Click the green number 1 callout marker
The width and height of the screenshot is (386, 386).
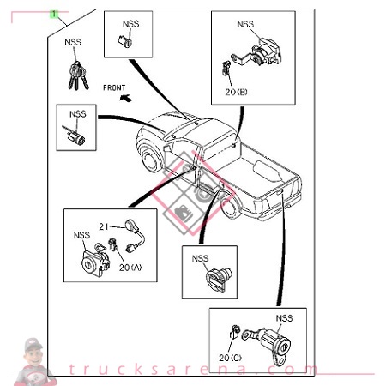(x=54, y=15)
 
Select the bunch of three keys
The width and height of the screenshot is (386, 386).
(x=75, y=76)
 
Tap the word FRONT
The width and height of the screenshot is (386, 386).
(x=114, y=87)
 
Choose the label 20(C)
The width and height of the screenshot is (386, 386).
(x=231, y=356)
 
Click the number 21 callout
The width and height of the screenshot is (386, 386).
(x=102, y=226)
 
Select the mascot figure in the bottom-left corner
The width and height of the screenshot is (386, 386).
(x=32, y=360)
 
